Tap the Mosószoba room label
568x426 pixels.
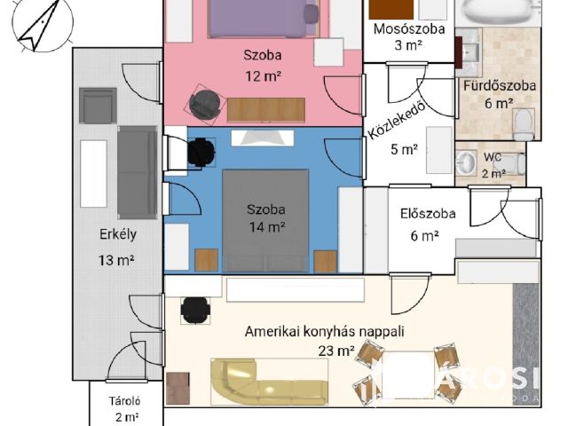[x=402, y=28]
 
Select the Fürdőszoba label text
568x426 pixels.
[x=499, y=86]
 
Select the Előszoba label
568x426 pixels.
[x=428, y=214]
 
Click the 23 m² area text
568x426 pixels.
[x=336, y=350]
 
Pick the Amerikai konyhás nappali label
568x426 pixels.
[x=325, y=332]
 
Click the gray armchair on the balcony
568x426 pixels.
[x=98, y=105]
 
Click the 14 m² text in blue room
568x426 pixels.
[x=266, y=227]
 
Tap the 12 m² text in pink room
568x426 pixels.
[x=263, y=75]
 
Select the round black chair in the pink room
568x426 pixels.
[x=204, y=103]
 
